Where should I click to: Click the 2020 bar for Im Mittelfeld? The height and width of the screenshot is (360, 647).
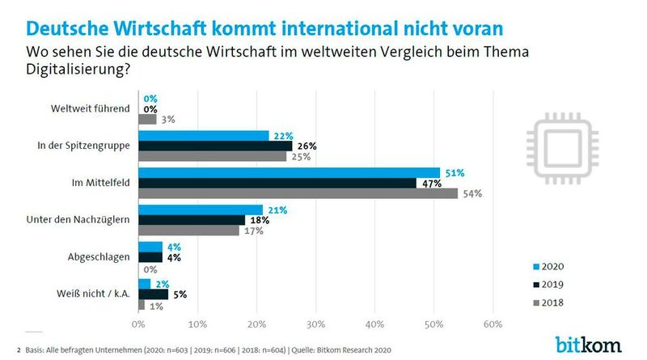(289, 172)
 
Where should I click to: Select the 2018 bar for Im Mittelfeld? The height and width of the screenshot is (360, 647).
(298, 194)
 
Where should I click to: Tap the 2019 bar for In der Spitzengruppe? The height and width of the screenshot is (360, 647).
(215, 146)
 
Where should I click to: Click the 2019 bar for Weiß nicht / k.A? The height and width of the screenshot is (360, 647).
(153, 294)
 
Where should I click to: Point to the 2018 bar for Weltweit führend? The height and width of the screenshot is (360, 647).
(147, 119)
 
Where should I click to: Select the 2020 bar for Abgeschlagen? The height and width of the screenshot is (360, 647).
(150, 247)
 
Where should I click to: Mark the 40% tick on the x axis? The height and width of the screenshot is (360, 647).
(374, 324)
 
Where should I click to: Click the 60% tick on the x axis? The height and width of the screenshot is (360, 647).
(493, 324)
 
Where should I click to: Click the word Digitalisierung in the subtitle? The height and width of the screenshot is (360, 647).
(77, 70)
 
